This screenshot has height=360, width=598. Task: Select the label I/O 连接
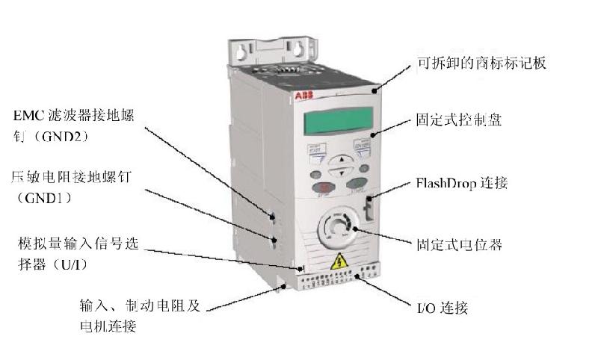pos(441,306)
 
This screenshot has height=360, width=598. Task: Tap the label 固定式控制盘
pos(457,120)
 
